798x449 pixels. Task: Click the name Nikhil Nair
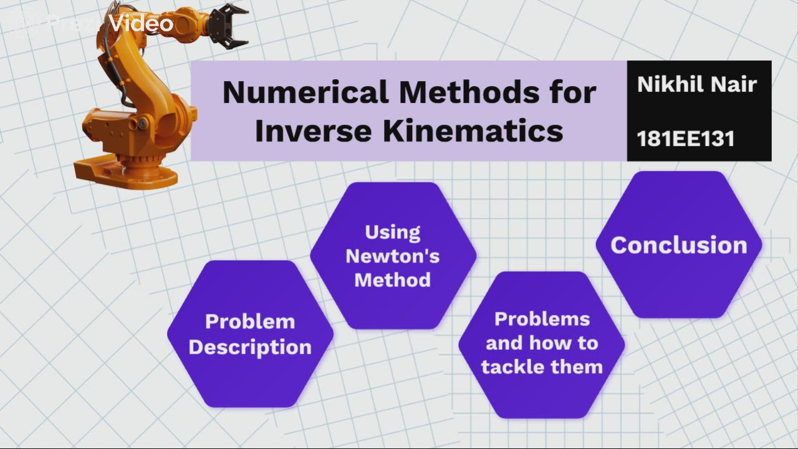(x=697, y=84)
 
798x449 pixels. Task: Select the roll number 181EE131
(x=685, y=138)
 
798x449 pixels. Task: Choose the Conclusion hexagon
(x=678, y=245)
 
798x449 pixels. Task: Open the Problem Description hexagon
(x=250, y=334)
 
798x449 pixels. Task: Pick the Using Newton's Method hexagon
(x=393, y=256)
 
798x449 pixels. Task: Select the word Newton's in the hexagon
(x=393, y=256)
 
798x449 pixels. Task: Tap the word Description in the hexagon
(x=250, y=347)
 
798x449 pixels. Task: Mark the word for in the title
(x=570, y=93)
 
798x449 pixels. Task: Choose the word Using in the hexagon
(x=393, y=232)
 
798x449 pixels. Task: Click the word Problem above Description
(x=250, y=322)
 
